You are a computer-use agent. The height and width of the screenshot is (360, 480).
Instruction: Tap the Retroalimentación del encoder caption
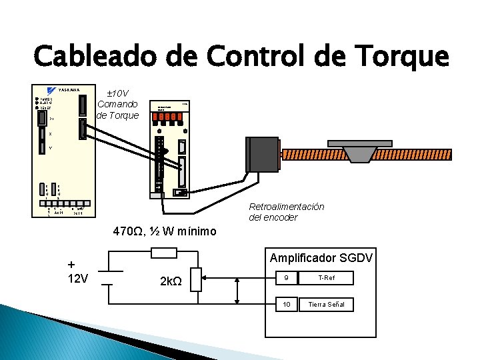pyautogui.click(x=286, y=212)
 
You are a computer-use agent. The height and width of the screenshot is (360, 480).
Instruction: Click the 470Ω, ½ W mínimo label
pyautogui.click(x=165, y=231)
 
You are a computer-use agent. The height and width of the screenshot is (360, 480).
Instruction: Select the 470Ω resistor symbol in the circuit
pyautogui.click(x=164, y=253)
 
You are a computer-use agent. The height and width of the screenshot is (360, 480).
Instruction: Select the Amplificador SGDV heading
pyautogui.click(x=321, y=258)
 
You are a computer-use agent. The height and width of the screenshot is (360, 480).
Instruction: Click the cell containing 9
pyautogui.click(x=286, y=278)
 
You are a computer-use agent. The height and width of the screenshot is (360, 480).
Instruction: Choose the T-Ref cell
pyautogui.click(x=327, y=278)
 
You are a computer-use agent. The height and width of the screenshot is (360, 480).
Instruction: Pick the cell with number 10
pyautogui.click(x=286, y=304)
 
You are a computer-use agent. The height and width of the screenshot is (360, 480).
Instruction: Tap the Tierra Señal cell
pyautogui.click(x=327, y=304)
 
